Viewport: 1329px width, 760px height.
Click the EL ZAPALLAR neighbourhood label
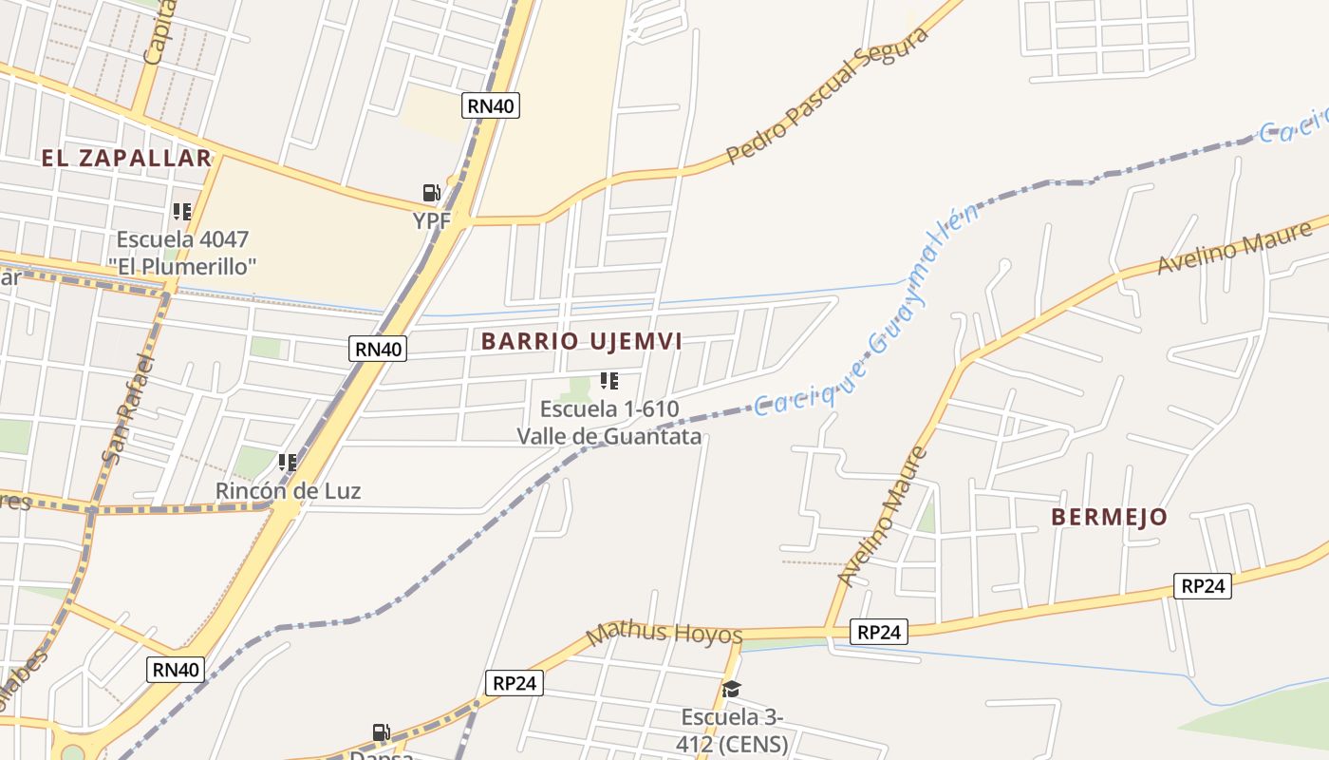pyautogui.click(x=126, y=158)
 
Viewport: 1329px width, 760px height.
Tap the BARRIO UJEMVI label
pyautogui.click(x=582, y=341)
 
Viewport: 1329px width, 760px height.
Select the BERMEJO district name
pyautogui.click(x=1109, y=517)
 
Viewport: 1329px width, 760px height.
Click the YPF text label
pyautogui.click(x=431, y=220)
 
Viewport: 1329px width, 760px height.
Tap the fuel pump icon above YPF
pyautogui.click(x=432, y=194)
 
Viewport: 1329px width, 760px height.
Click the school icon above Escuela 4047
pyautogui.click(x=181, y=212)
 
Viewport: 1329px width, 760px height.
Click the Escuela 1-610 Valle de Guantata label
pyautogui.click(x=609, y=423)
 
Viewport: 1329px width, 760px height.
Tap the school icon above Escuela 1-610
pyautogui.click(x=609, y=382)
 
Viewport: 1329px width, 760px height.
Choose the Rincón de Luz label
pyautogui.click(x=289, y=491)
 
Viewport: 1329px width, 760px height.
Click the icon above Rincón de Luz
pyautogui.click(x=288, y=463)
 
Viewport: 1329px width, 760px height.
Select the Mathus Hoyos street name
pyautogui.click(x=664, y=634)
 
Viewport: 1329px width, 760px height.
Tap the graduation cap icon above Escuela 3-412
pyautogui.click(x=731, y=690)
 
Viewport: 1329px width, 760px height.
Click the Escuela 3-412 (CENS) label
pyautogui.click(x=732, y=731)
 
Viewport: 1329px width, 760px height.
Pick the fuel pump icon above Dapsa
pyautogui.click(x=381, y=732)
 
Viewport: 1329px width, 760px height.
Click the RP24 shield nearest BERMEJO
pyautogui.click(x=1203, y=586)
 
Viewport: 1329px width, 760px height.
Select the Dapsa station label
pyautogui.click(x=382, y=755)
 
